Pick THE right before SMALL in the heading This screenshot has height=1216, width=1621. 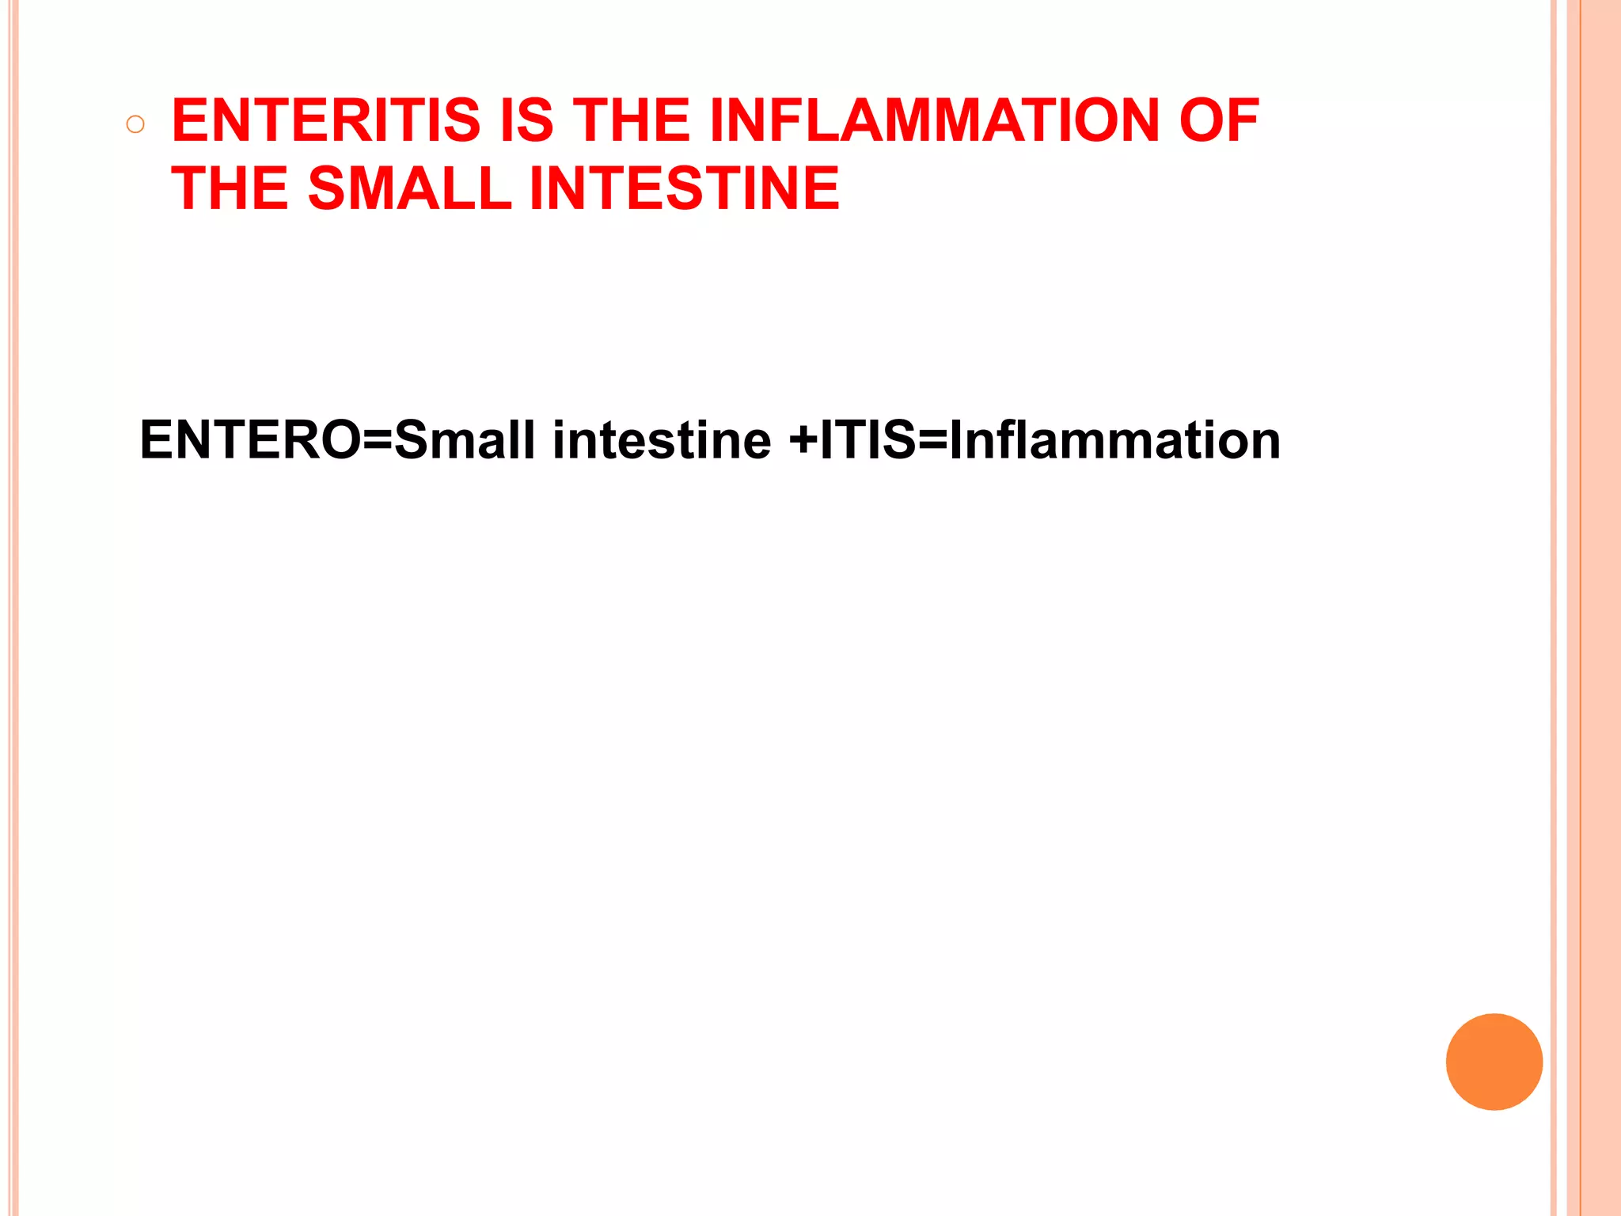230,189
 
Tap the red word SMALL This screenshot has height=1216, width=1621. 409,189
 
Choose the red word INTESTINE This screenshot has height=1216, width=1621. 684,189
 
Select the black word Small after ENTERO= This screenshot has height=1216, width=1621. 465,440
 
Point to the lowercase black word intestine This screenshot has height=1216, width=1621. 662,440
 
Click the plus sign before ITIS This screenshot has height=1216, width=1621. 803,442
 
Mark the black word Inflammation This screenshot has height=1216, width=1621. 1114,440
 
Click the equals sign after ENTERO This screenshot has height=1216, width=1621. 378,442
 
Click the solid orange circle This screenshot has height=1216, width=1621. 1494,1062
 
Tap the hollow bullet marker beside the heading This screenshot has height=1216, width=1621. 135,124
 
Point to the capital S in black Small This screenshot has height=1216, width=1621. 412,440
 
